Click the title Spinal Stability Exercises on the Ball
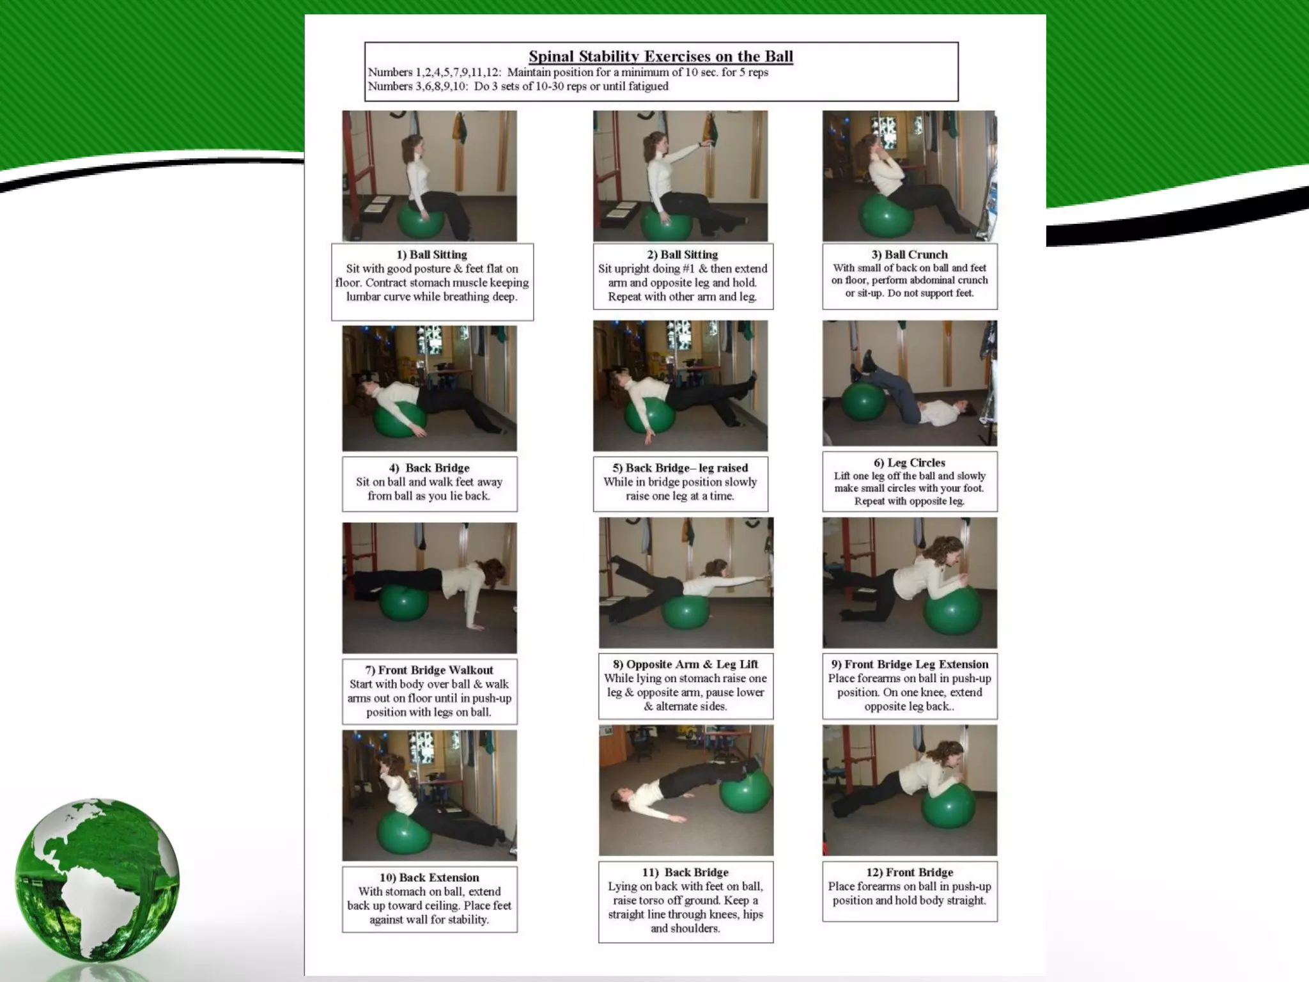660,56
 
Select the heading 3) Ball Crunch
909,254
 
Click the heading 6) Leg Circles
909,462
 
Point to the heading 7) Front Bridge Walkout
429,670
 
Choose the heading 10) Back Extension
429,878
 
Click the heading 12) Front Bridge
909,872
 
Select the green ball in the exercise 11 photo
745,790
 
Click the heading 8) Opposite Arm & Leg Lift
685,664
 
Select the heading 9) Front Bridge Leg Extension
909,664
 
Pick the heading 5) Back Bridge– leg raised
679,468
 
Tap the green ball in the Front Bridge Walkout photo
403,604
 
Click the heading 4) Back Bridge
429,468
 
